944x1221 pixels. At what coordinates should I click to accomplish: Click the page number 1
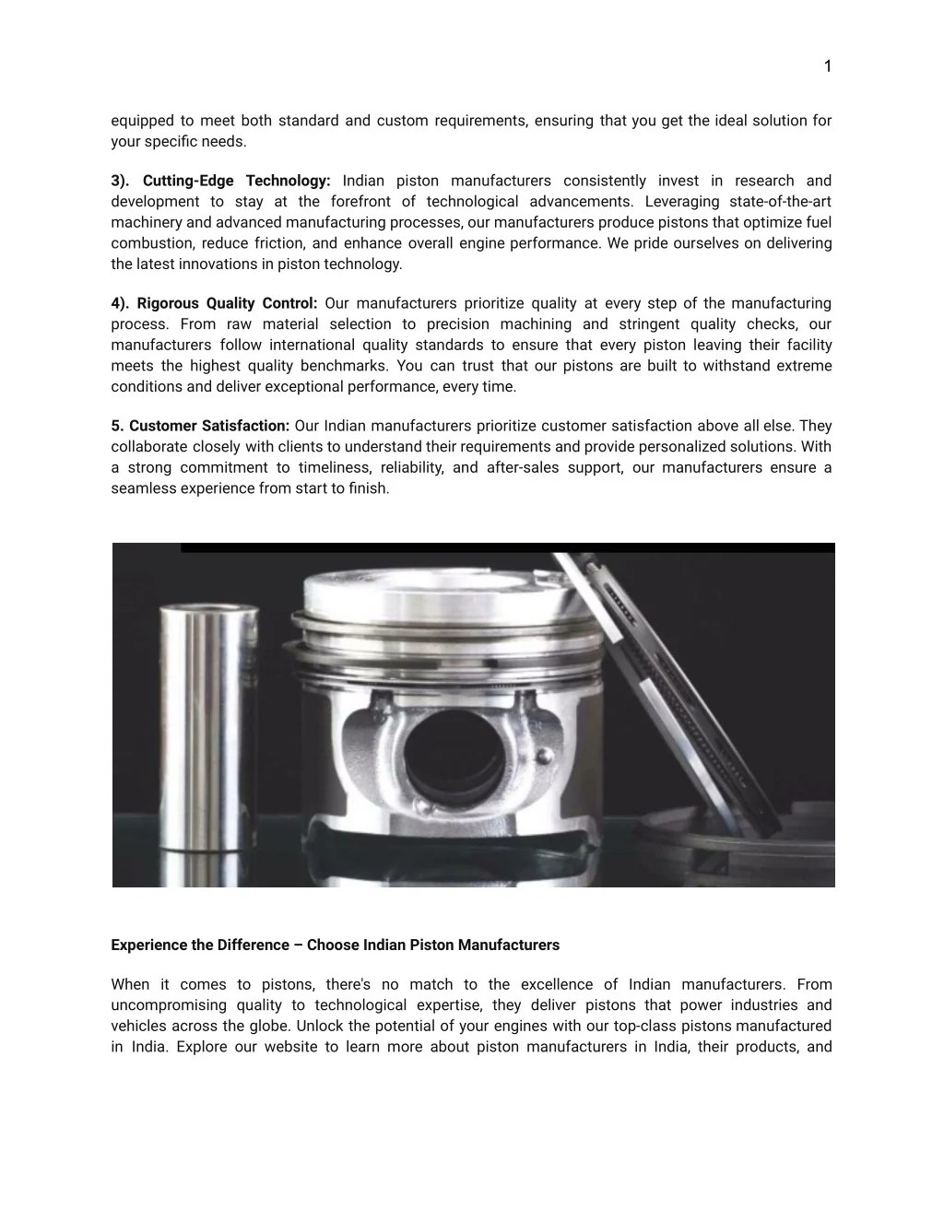pyautogui.click(x=827, y=65)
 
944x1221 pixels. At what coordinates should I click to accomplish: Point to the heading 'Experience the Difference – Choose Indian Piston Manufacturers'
pyautogui.click(x=335, y=945)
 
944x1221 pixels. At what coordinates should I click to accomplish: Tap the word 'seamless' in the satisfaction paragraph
pyautogui.click(x=139, y=488)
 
